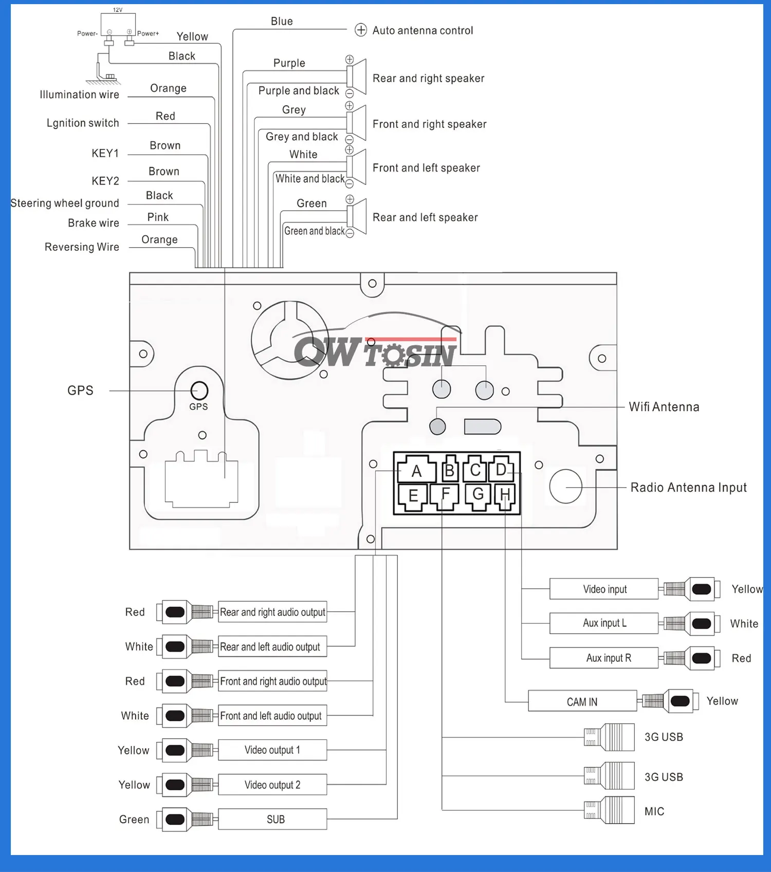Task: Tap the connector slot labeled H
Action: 505,495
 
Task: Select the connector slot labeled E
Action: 413,496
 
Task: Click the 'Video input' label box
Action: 604,589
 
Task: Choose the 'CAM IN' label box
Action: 582,701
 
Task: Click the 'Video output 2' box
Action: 272,785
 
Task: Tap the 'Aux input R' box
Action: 604,658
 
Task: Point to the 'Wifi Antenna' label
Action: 664,407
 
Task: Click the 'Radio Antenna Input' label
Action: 688,487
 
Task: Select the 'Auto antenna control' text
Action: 423,30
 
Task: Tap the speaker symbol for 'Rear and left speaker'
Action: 358,216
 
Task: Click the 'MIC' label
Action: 654,811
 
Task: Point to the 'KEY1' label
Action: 105,153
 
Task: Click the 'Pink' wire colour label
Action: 158,217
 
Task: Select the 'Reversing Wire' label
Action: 82,247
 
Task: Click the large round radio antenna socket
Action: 565,486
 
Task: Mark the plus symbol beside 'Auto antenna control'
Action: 361,30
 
